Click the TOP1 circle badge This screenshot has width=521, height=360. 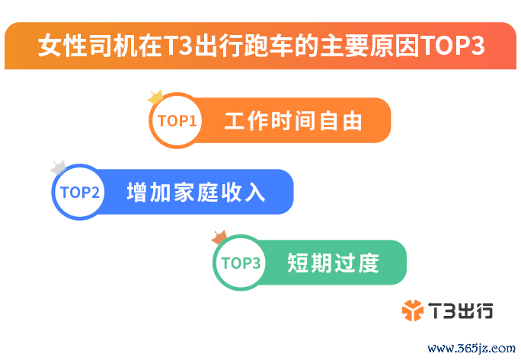click(x=177, y=120)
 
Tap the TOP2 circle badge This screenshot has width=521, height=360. click(x=79, y=192)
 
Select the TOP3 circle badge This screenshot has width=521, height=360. click(x=241, y=263)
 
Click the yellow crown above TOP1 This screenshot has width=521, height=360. click(x=155, y=97)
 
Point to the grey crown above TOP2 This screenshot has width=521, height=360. click(x=58, y=167)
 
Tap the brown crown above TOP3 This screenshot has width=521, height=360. click(x=219, y=237)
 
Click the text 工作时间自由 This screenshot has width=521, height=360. click(x=293, y=121)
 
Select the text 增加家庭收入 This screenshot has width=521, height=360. click(x=196, y=192)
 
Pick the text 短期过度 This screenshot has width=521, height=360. click(x=333, y=263)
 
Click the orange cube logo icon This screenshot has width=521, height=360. click(x=413, y=311)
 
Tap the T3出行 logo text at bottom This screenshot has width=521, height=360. click(x=461, y=311)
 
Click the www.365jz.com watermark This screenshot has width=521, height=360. click(x=471, y=349)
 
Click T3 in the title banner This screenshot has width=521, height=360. click(x=177, y=45)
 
